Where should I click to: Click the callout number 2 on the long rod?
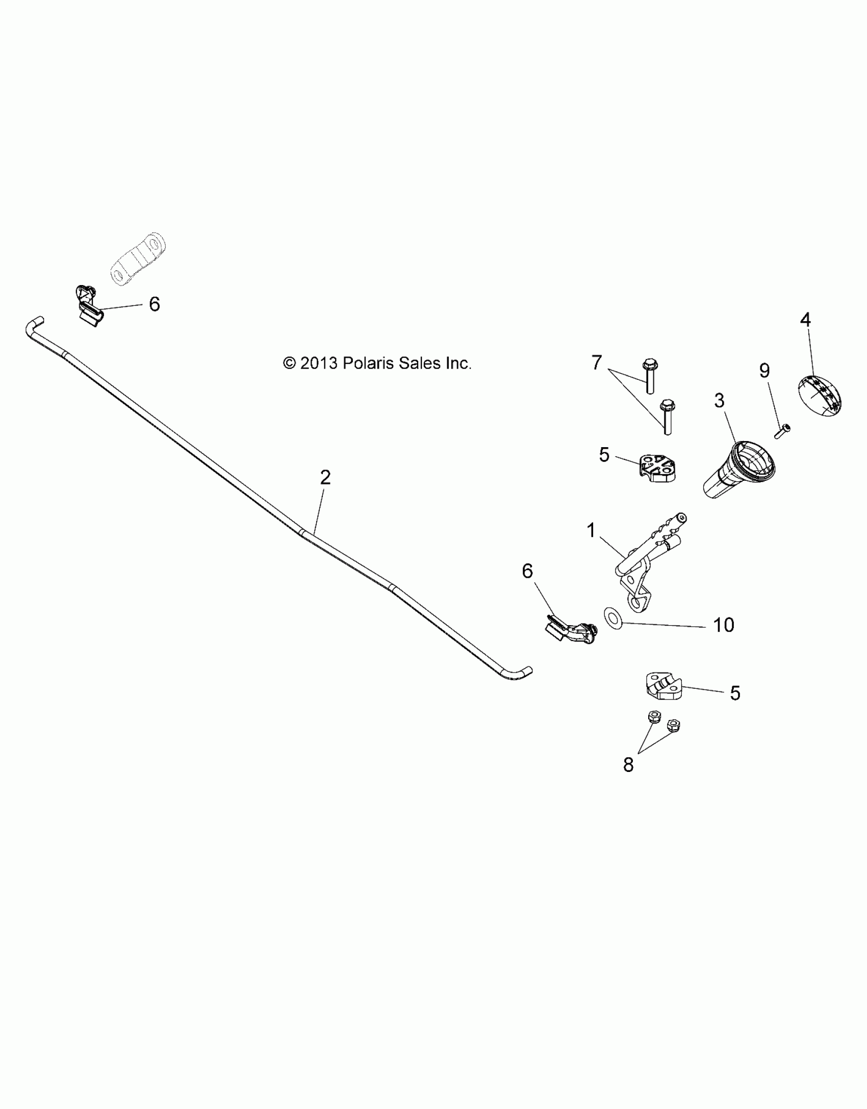(x=325, y=478)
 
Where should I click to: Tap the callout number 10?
(x=723, y=625)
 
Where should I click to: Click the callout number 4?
(x=805, y=320)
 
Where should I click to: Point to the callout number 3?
(x=719, y=401)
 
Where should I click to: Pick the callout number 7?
(x=597, y=363)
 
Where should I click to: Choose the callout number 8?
(x=628, y=779)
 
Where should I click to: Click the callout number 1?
(x=591, y=531)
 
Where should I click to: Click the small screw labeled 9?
(x=781, y=431)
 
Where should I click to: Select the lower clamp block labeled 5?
(x=661, y=686)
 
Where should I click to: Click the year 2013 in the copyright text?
(x=319, y=364)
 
